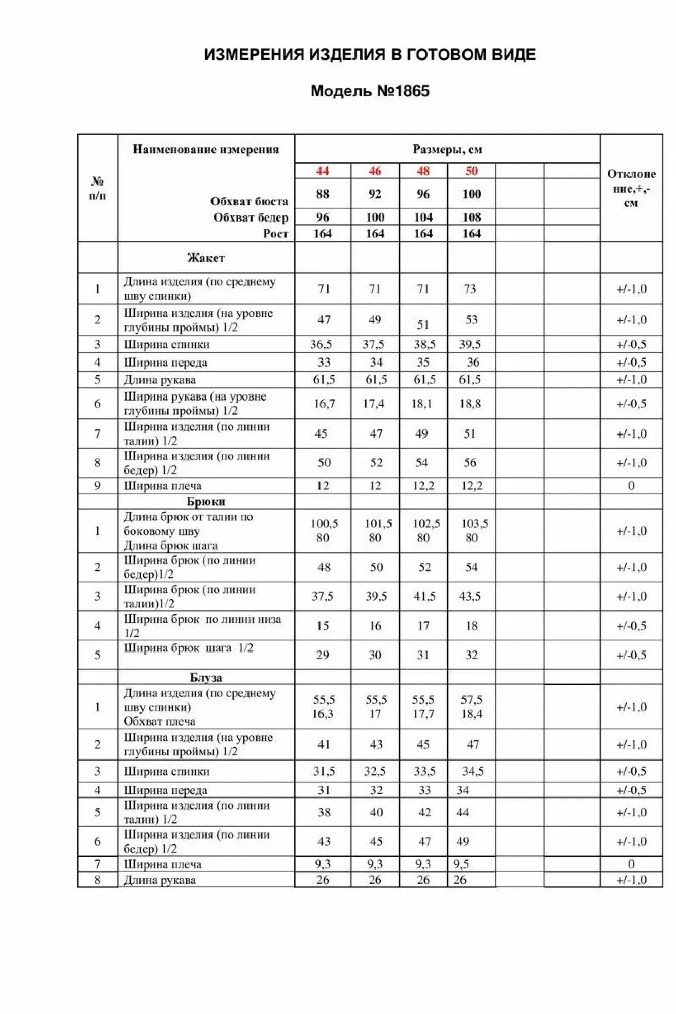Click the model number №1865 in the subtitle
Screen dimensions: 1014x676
(403, 91)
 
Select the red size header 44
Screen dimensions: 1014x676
(323, 171)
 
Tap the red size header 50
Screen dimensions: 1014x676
(472, 171)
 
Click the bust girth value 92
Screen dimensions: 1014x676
(375, 194)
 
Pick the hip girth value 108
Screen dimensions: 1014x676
(472, 218)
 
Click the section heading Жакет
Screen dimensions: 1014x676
(206, 258)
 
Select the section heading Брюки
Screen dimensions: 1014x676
(206, 502)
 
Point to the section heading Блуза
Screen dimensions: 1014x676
(206, 678)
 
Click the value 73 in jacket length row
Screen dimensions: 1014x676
(470, 289)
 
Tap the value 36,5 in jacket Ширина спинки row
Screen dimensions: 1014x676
(322, 345)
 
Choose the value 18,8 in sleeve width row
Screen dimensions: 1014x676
(470, 404)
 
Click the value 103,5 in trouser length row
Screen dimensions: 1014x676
(475, 524)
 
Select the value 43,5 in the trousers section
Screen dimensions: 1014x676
(470, 597)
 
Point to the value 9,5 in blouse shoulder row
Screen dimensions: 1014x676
(461, 864)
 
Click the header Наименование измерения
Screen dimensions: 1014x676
(206, 149)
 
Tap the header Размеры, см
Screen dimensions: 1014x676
(447, 150)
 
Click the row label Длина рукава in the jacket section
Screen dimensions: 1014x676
(160, 380)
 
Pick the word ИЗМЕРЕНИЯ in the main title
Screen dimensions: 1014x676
(254, 55)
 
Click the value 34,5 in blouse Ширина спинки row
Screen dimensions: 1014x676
(473, 772)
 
